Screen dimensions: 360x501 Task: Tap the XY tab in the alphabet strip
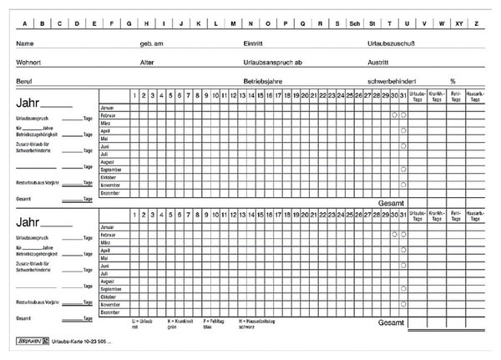[458, 23]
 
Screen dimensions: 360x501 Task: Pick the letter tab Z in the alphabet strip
[478, 23]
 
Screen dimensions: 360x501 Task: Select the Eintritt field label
[254, 42]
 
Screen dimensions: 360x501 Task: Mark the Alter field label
[148, 62]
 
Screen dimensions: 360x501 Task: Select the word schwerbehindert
[392, 81]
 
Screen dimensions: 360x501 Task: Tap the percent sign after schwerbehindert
[453, 81]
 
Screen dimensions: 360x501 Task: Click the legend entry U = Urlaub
[144, 320]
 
